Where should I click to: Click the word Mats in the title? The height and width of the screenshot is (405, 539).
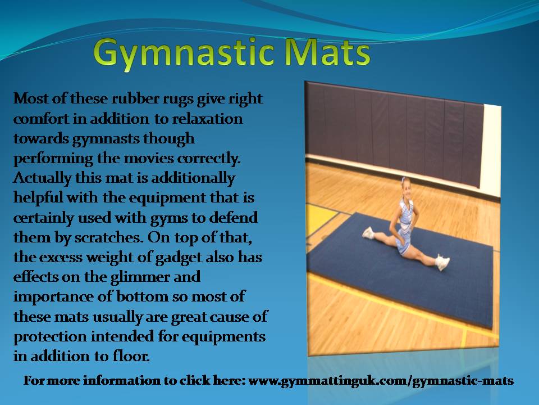tap(328, 52)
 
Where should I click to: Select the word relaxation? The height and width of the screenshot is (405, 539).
tap(207, 119)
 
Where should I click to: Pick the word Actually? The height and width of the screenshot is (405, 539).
tap(43, 178)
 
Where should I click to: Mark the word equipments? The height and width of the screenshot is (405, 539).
tap(223, 337)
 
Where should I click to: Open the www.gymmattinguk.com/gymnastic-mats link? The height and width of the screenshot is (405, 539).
tap(381, 381)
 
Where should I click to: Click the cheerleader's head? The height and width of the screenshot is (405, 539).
tap(405, 187)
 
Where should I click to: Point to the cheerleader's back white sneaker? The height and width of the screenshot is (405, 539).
tap(368, 233)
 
